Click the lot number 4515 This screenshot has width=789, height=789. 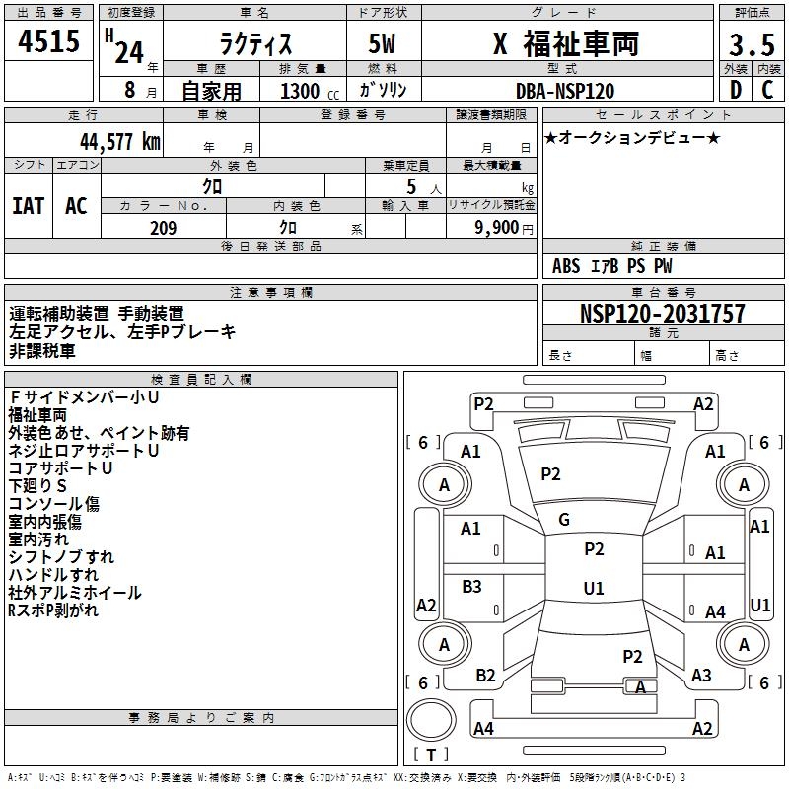pos(49,43)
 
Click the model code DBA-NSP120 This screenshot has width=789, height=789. pos(565,90)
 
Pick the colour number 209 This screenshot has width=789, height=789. pos(163,228)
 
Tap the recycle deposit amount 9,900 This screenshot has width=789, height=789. pos(497,228)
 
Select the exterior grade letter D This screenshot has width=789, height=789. pos(735,90)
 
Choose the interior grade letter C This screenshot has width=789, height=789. pos(766,90)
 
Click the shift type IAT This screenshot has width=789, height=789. pos(29,206)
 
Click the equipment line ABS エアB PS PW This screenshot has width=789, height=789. pos(612,266)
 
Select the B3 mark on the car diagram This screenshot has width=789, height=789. pos(472,587)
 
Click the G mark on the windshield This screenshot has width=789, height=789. pos(564,519)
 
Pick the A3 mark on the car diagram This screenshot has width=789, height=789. pos(701,676)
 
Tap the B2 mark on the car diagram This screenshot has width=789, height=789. pos(485,676)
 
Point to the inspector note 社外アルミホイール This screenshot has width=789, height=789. pos(75,593)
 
